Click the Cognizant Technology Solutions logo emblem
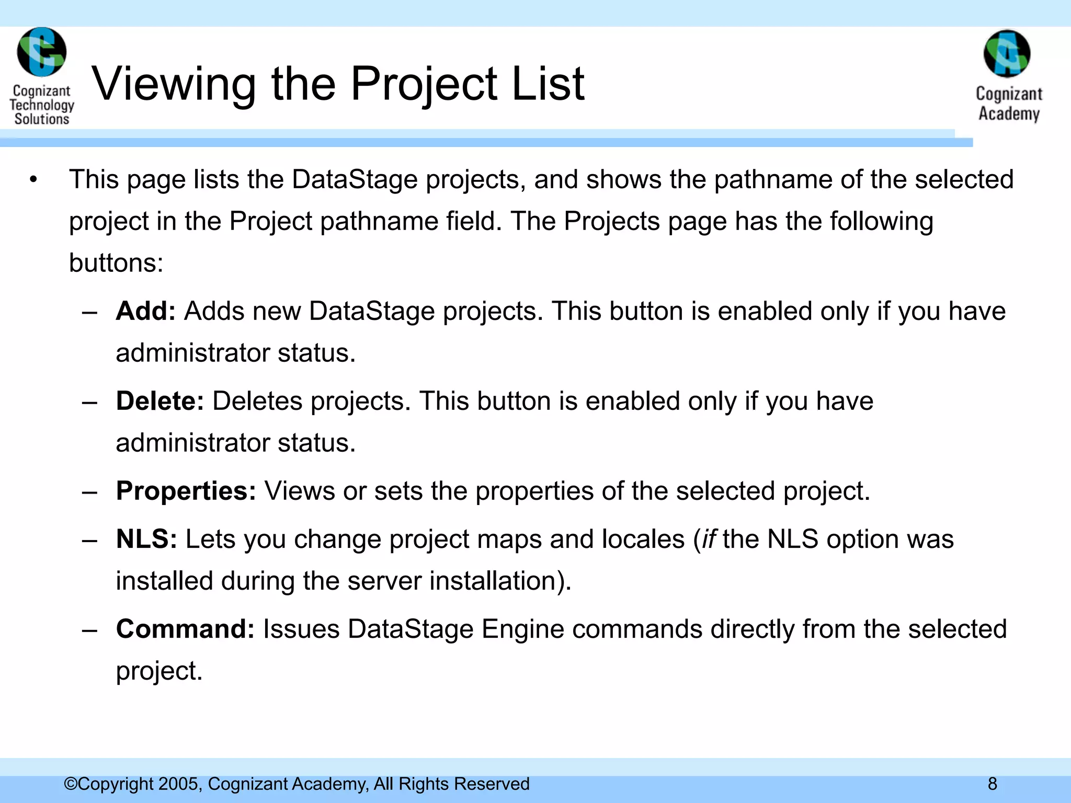pyautogui.click(x=41, y=52)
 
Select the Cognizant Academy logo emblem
pyautogui.click(x=1007, y=54)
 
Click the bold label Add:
pyautogui.click(x=145, y=311)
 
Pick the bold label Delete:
pyautogui.click(x=159, y=401)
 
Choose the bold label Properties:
pyautogui.click(x=186, y=491)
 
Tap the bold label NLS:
pyautogui.click(x=146, y=539)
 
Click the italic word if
pyautogui.click(x=709, y=539)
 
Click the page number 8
pyautogui.click(x=992, y=784)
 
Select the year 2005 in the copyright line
pyautogui.click(x=179, y=784)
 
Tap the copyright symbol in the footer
pyautogui.click(x=71, y=784)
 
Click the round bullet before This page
pyautogui.click(x=34, y=180)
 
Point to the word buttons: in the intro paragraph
pyautogui.click(x=116, y=263)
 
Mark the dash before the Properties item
pyautogui.click(x=90, y=492)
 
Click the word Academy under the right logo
pyautogui.click(x=1009, y=113)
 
